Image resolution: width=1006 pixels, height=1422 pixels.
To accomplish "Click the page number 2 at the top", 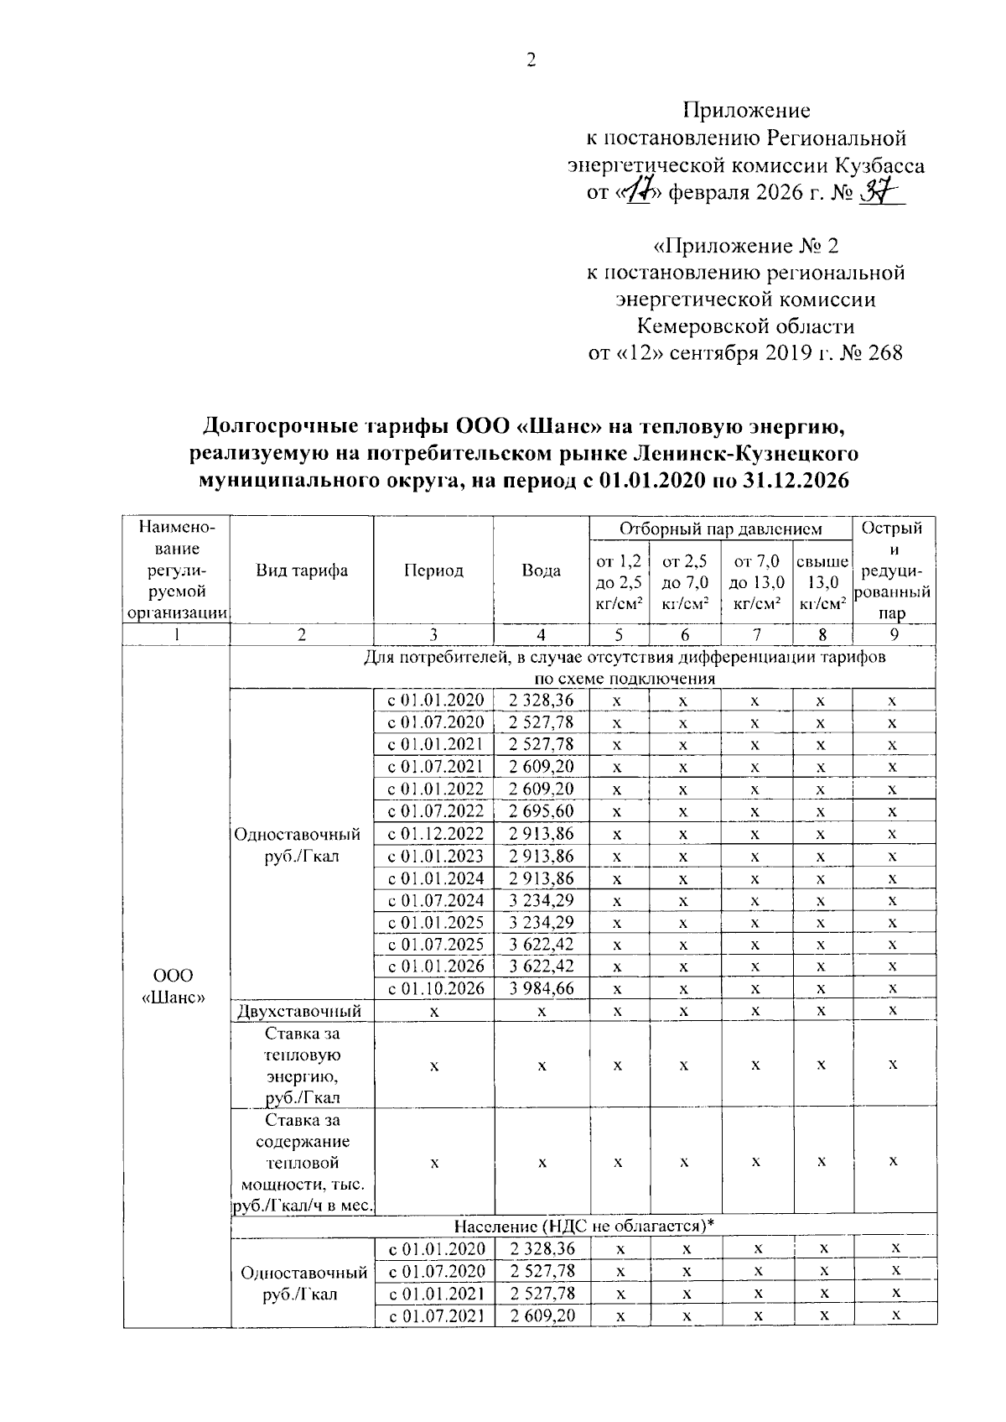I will tap(530, 60).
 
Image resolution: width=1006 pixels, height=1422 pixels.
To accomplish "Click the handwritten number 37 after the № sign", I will tap(879, 192).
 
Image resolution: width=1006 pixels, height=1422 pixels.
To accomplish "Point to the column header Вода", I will tap(542, 570).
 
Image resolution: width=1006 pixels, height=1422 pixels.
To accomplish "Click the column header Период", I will tap(433, 570).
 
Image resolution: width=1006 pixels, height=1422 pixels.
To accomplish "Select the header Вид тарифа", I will tap(302, 570).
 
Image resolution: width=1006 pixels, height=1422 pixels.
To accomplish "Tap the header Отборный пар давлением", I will tap(720, 529).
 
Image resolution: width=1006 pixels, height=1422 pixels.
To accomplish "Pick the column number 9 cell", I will tap(894, 635).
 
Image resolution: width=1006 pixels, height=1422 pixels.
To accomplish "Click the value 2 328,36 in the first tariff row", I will tap(542, 701).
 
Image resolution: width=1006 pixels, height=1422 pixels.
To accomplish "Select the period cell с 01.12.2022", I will tap(436, 834).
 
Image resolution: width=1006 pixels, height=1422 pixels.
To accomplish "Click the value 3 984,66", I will tap(542, 988).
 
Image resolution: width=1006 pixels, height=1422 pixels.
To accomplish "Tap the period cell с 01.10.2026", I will tap(436, 988).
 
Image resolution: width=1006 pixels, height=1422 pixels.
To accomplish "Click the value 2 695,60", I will tap(542, 811).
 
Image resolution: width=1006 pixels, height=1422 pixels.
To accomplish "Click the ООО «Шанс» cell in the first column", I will tap(174, 987).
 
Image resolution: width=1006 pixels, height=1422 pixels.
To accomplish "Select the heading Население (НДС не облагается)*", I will tap(583, 1226).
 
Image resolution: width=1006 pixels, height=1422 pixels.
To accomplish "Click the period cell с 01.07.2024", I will tap(436, 900).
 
